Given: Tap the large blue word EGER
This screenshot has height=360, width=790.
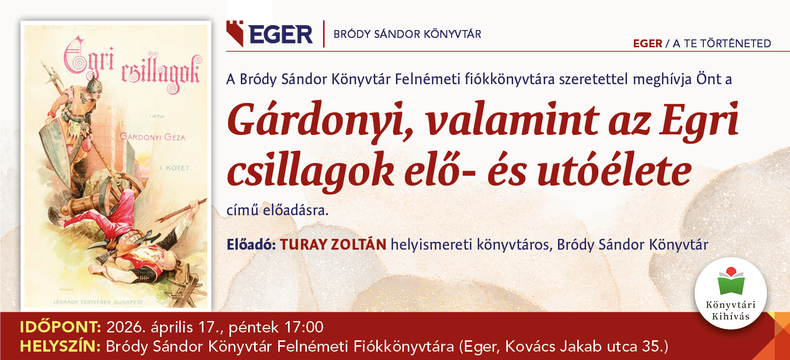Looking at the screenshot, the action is [x=281, y=34].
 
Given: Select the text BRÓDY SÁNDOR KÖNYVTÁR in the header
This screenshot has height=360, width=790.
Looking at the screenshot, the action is [x=407, y=34].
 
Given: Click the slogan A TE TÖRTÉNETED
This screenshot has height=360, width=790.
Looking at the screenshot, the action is [x=722, y=43].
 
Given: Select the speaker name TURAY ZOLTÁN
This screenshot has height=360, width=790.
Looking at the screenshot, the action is [x=333, y=244].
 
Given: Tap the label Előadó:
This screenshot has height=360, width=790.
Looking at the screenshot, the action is [x=251, y=244].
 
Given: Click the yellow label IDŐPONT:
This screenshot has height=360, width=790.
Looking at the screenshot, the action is [x=60, y=327].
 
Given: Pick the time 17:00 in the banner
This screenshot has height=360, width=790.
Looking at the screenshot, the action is [x=304, y=327].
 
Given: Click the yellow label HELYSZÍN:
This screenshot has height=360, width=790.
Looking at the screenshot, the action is [x=60, y=346].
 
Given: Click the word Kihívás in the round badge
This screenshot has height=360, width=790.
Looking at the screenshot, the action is [x=730, y=316].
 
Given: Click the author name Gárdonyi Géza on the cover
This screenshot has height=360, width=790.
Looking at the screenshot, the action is [x=152, y=137].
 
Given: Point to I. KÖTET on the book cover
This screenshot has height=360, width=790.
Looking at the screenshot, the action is [x=176, y=168].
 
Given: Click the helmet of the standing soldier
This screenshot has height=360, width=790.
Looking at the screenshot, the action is [x=94, y=83].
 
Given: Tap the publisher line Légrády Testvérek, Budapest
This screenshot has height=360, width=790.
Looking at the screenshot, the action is [x=99, y=302].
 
